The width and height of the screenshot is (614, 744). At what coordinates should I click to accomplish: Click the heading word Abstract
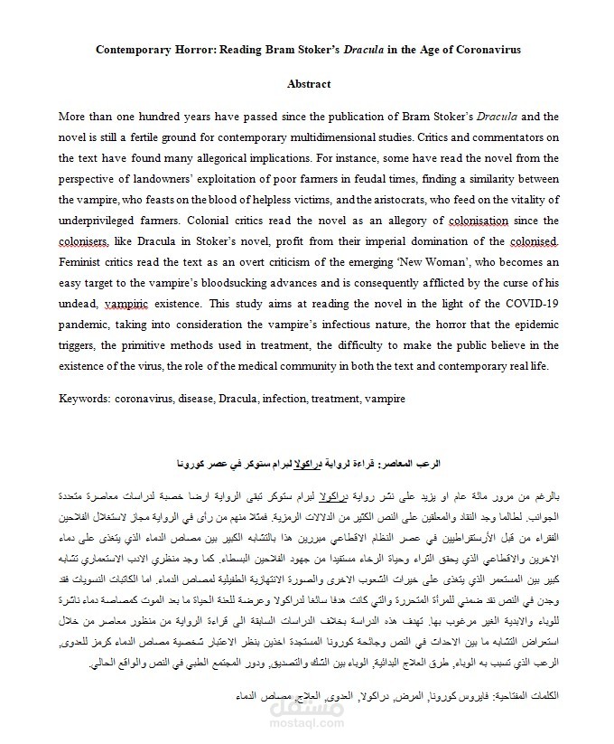point(309,84)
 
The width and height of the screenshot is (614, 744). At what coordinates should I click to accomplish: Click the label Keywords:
point(84,398)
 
